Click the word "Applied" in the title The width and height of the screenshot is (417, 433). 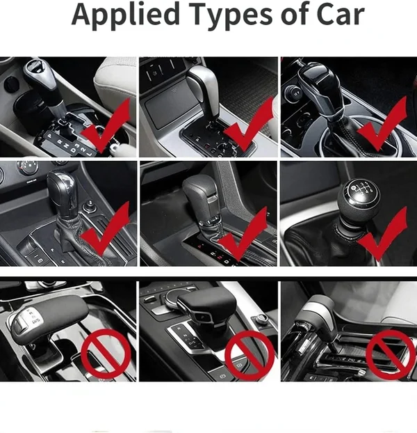pyautogui.click(x=119, y=15)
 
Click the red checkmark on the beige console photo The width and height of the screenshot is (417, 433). pyautogui.click(x=249, y=124)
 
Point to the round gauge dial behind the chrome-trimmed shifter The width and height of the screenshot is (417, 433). pyautogui.click(x=27, y=168)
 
